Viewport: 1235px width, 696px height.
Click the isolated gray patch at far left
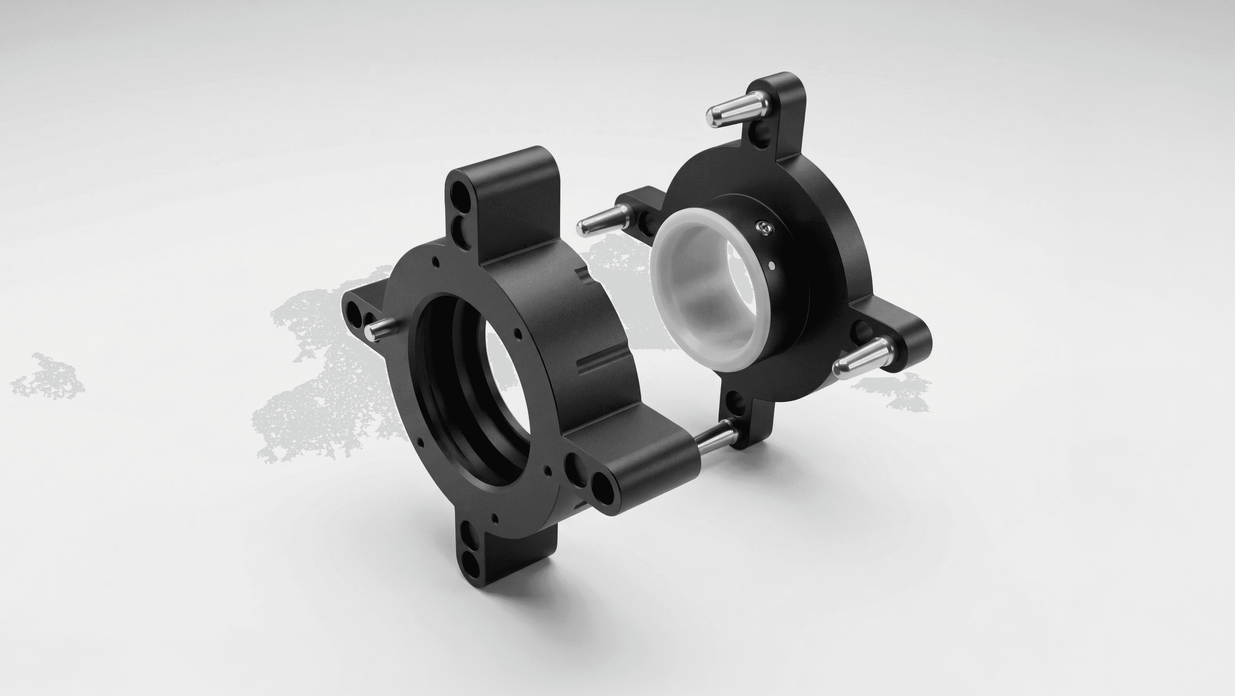[x=48, y=378]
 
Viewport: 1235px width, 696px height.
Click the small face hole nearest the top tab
[x=434, y=262]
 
